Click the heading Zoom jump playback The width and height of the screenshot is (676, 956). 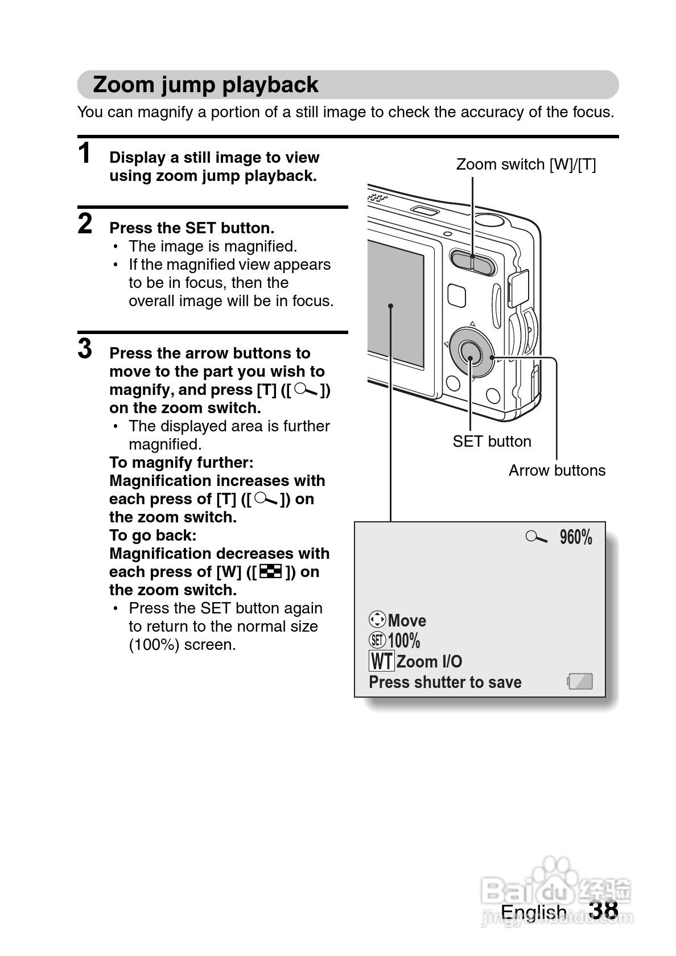(205, 85)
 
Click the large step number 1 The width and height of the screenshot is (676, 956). (85, 154)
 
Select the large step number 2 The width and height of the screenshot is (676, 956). (85, 224)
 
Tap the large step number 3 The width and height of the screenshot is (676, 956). (85, 349)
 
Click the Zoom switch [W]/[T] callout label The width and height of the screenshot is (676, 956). (526, 164)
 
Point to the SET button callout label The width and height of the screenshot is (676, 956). (492, 442)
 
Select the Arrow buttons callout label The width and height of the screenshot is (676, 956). (557, 471)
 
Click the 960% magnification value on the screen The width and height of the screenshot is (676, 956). (575, 537)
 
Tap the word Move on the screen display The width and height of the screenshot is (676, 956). (407, 620)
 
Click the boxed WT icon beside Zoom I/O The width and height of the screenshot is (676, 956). (381, 661)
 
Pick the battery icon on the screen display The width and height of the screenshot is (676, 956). (580, 681)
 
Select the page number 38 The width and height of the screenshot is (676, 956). (604, 910)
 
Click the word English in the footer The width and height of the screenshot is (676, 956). (533, 912)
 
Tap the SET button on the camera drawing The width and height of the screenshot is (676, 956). (470, 356)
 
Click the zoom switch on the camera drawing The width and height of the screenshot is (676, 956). (472, 261)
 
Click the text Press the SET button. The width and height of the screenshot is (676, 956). (192, 228)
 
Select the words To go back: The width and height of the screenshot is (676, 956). (152, 535)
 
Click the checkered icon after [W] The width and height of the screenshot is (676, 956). (271, 572)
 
